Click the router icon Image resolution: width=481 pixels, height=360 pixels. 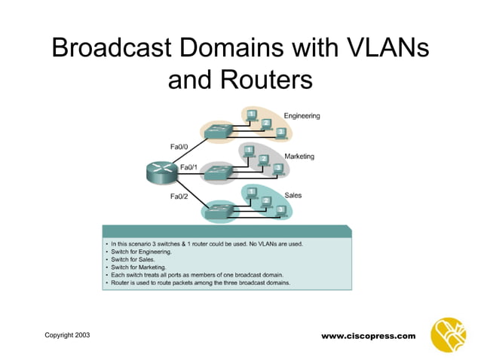(161, 172)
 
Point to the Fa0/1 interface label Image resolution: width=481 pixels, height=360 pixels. (188, 166)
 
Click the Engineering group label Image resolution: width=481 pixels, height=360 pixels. (302, 116)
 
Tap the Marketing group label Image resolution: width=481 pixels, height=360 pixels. (299, 156)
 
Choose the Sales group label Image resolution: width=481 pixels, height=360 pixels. (293, 195)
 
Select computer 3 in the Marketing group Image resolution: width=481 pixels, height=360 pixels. (278, 169)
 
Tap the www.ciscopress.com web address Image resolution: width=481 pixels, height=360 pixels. (368, 335)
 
